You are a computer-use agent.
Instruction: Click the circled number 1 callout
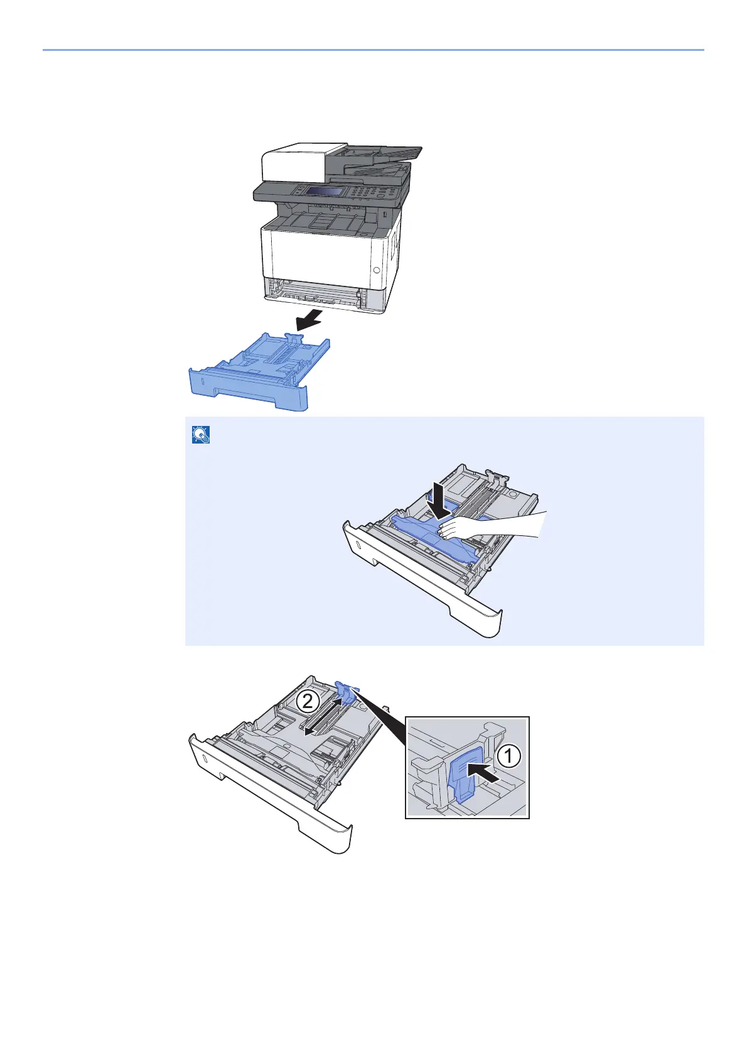pos(509,756)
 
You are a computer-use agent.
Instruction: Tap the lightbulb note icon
pos(200,435)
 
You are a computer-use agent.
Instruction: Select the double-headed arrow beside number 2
pos(323,717)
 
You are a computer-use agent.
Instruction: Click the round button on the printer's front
pos(377,270)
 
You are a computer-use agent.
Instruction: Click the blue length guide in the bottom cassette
pos(346,691)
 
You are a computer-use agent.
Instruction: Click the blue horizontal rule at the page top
pos(373,50)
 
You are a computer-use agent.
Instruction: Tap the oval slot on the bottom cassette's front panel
pos(205,757)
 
